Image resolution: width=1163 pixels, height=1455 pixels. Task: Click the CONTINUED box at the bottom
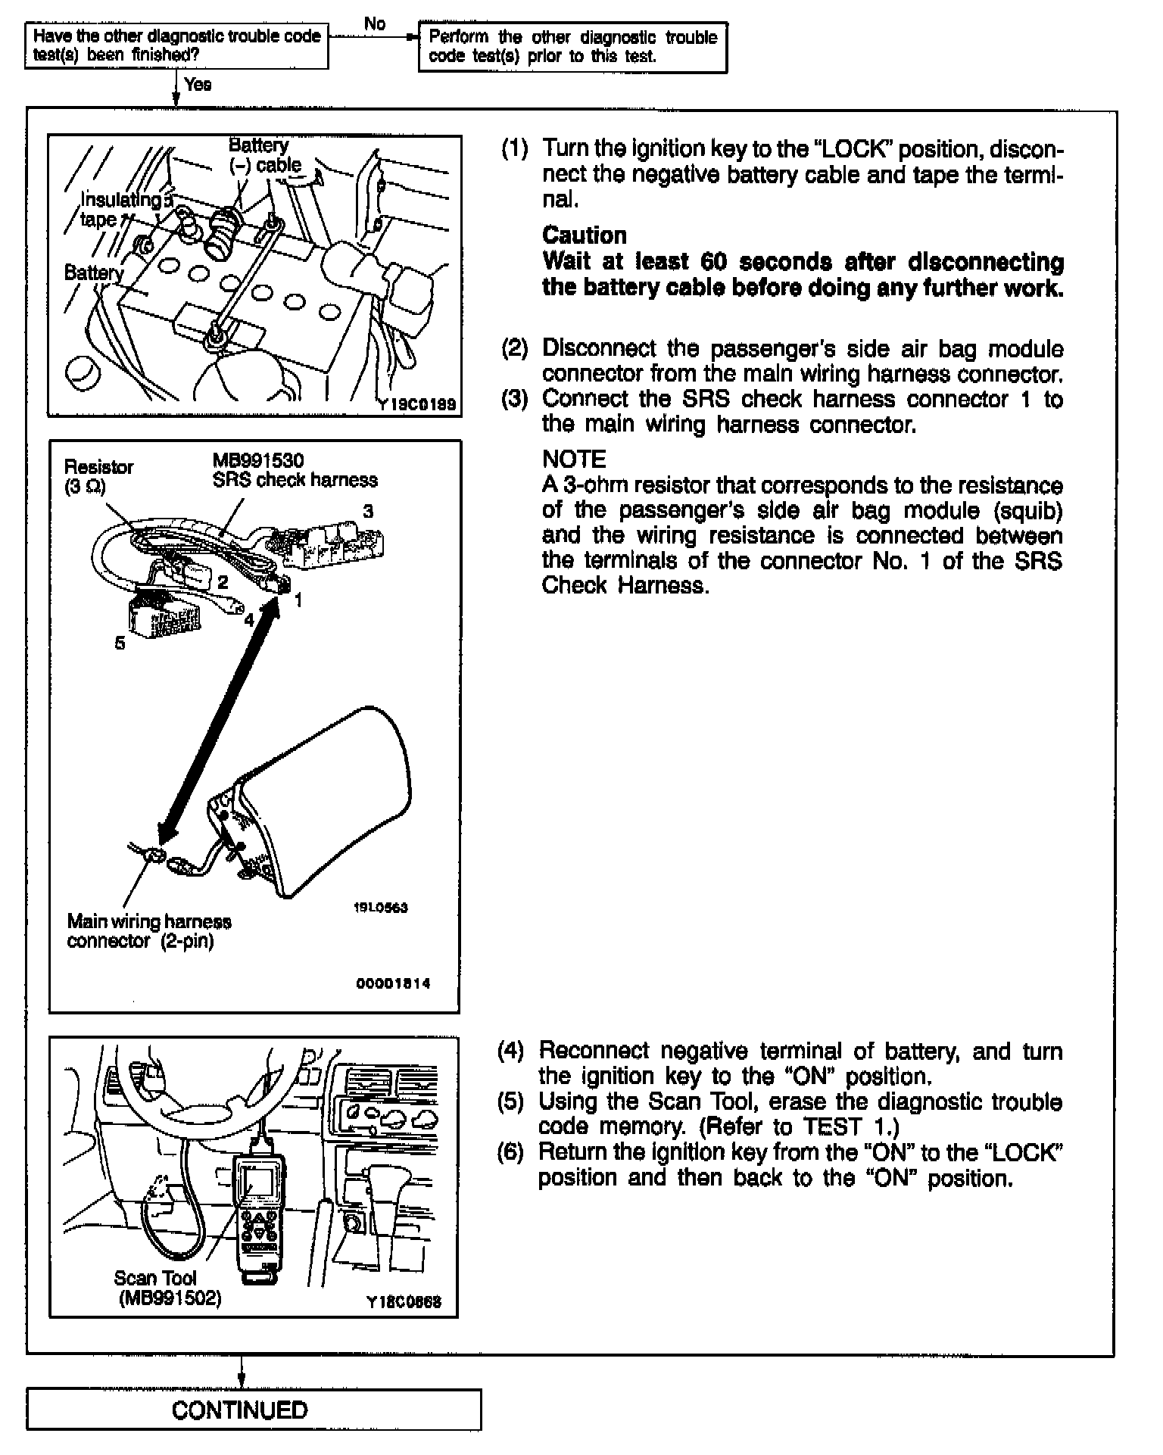[240, 1410]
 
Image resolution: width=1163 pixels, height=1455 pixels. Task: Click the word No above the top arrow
[375, 23]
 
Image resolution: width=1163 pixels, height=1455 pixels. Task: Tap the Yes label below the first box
[198, 85]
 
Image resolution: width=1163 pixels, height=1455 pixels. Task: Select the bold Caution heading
[585, 235]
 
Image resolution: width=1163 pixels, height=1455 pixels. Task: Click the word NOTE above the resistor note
[575, 460]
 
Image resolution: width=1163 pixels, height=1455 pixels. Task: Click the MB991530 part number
[258, 460]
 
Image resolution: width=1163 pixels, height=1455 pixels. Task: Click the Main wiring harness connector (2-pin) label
[148, 931]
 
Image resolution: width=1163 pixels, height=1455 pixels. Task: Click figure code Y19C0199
[418, 405]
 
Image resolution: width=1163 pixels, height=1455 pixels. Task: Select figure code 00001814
[393, 983]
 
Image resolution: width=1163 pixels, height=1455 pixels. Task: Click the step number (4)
[511, 1051]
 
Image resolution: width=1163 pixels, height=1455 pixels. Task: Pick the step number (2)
[515, 349]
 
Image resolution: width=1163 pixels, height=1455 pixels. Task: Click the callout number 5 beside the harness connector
[120, 643]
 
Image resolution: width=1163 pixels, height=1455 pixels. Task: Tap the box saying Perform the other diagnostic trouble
[572, 47]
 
